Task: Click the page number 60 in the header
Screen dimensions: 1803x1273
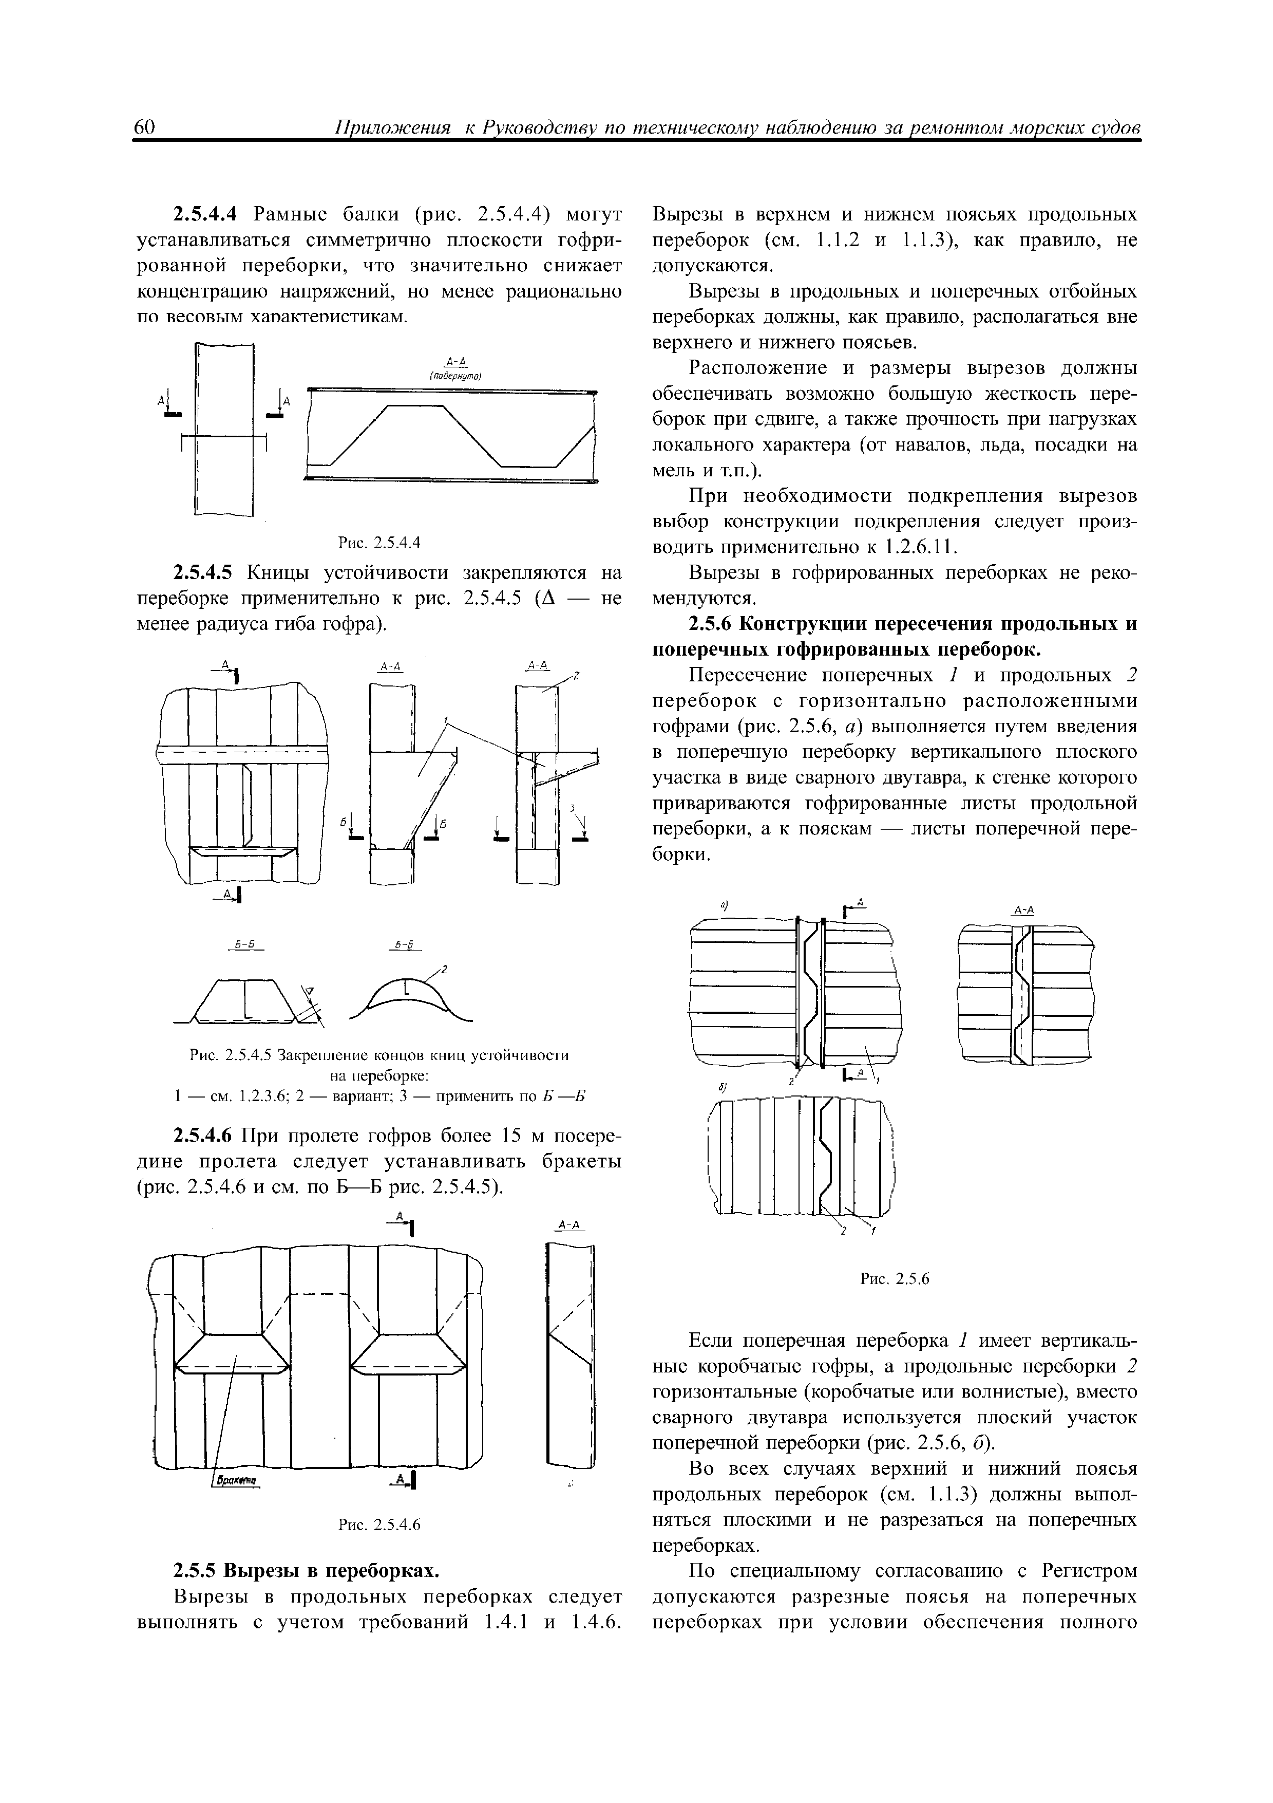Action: (147, 128)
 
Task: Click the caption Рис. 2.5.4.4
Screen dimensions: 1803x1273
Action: (379, 542)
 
